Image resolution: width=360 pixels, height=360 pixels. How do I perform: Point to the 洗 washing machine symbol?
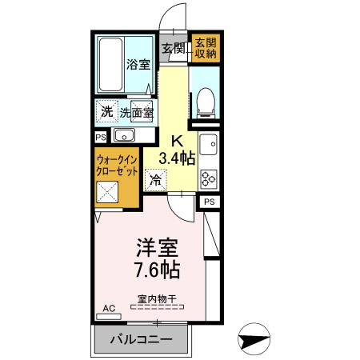[x=106, y=110]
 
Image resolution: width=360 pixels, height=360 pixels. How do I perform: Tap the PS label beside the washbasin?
[x=101, y=137]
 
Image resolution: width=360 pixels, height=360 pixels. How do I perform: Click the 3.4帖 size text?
[x=177, y=158]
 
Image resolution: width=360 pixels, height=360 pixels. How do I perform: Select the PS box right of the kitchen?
[x=208, y=202]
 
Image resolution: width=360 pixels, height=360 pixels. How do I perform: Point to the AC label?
[x=108, y=306]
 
